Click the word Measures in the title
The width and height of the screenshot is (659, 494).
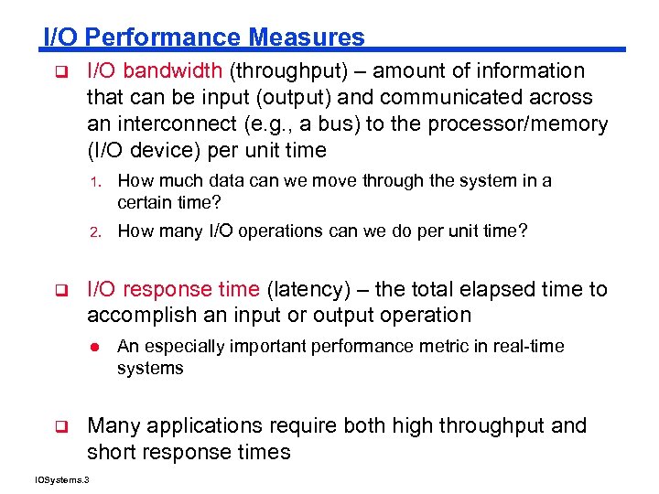pos(307,38)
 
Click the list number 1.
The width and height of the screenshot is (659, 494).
pos(105,182)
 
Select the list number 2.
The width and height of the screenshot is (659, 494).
pos(105,231)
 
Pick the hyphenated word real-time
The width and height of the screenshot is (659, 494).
pos(533,347)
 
